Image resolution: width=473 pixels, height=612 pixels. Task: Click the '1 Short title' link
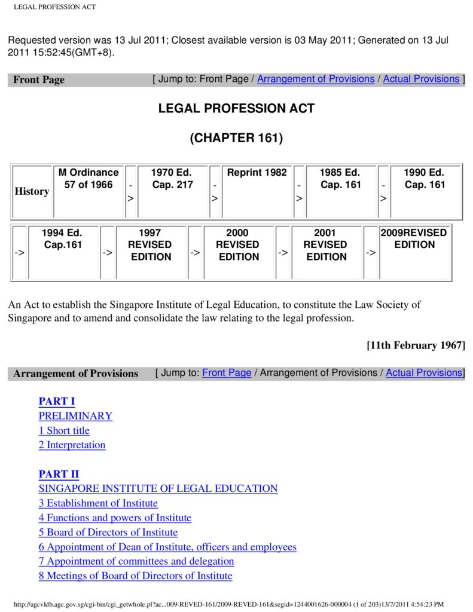point(64,430)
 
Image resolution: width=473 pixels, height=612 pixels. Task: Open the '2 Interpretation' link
point(72,445)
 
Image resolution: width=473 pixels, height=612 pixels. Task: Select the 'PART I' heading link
point(57,402)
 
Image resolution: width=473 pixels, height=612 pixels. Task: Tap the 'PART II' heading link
point(59,475)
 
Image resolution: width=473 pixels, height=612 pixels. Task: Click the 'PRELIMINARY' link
point(75,416)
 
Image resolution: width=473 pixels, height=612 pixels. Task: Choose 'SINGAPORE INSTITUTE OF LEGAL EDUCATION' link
point(158,489)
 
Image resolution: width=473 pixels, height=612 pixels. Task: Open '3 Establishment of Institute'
point(98,503)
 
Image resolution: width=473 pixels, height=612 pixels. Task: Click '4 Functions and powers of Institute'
point(115,518)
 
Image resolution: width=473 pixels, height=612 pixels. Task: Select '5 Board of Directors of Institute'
point(108,533)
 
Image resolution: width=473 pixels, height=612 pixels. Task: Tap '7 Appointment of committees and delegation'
point(136,561)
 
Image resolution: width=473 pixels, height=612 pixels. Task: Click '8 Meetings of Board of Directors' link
point(135,576)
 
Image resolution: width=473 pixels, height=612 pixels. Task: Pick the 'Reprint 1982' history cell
point(257,173)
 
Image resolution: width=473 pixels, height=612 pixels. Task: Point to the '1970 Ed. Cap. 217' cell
point(172,179)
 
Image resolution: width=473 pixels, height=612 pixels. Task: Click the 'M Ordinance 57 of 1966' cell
point(89,179)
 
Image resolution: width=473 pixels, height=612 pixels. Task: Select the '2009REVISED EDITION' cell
point(414,238)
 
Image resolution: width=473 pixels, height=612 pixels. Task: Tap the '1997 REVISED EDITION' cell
point(150,244)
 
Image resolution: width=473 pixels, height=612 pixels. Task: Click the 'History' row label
point(32,191)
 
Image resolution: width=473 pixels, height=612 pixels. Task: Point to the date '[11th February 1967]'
point(416,345)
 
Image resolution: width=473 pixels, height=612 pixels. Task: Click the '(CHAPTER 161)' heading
point(236,138)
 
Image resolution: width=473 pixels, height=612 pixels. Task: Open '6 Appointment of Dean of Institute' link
point(167,547)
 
